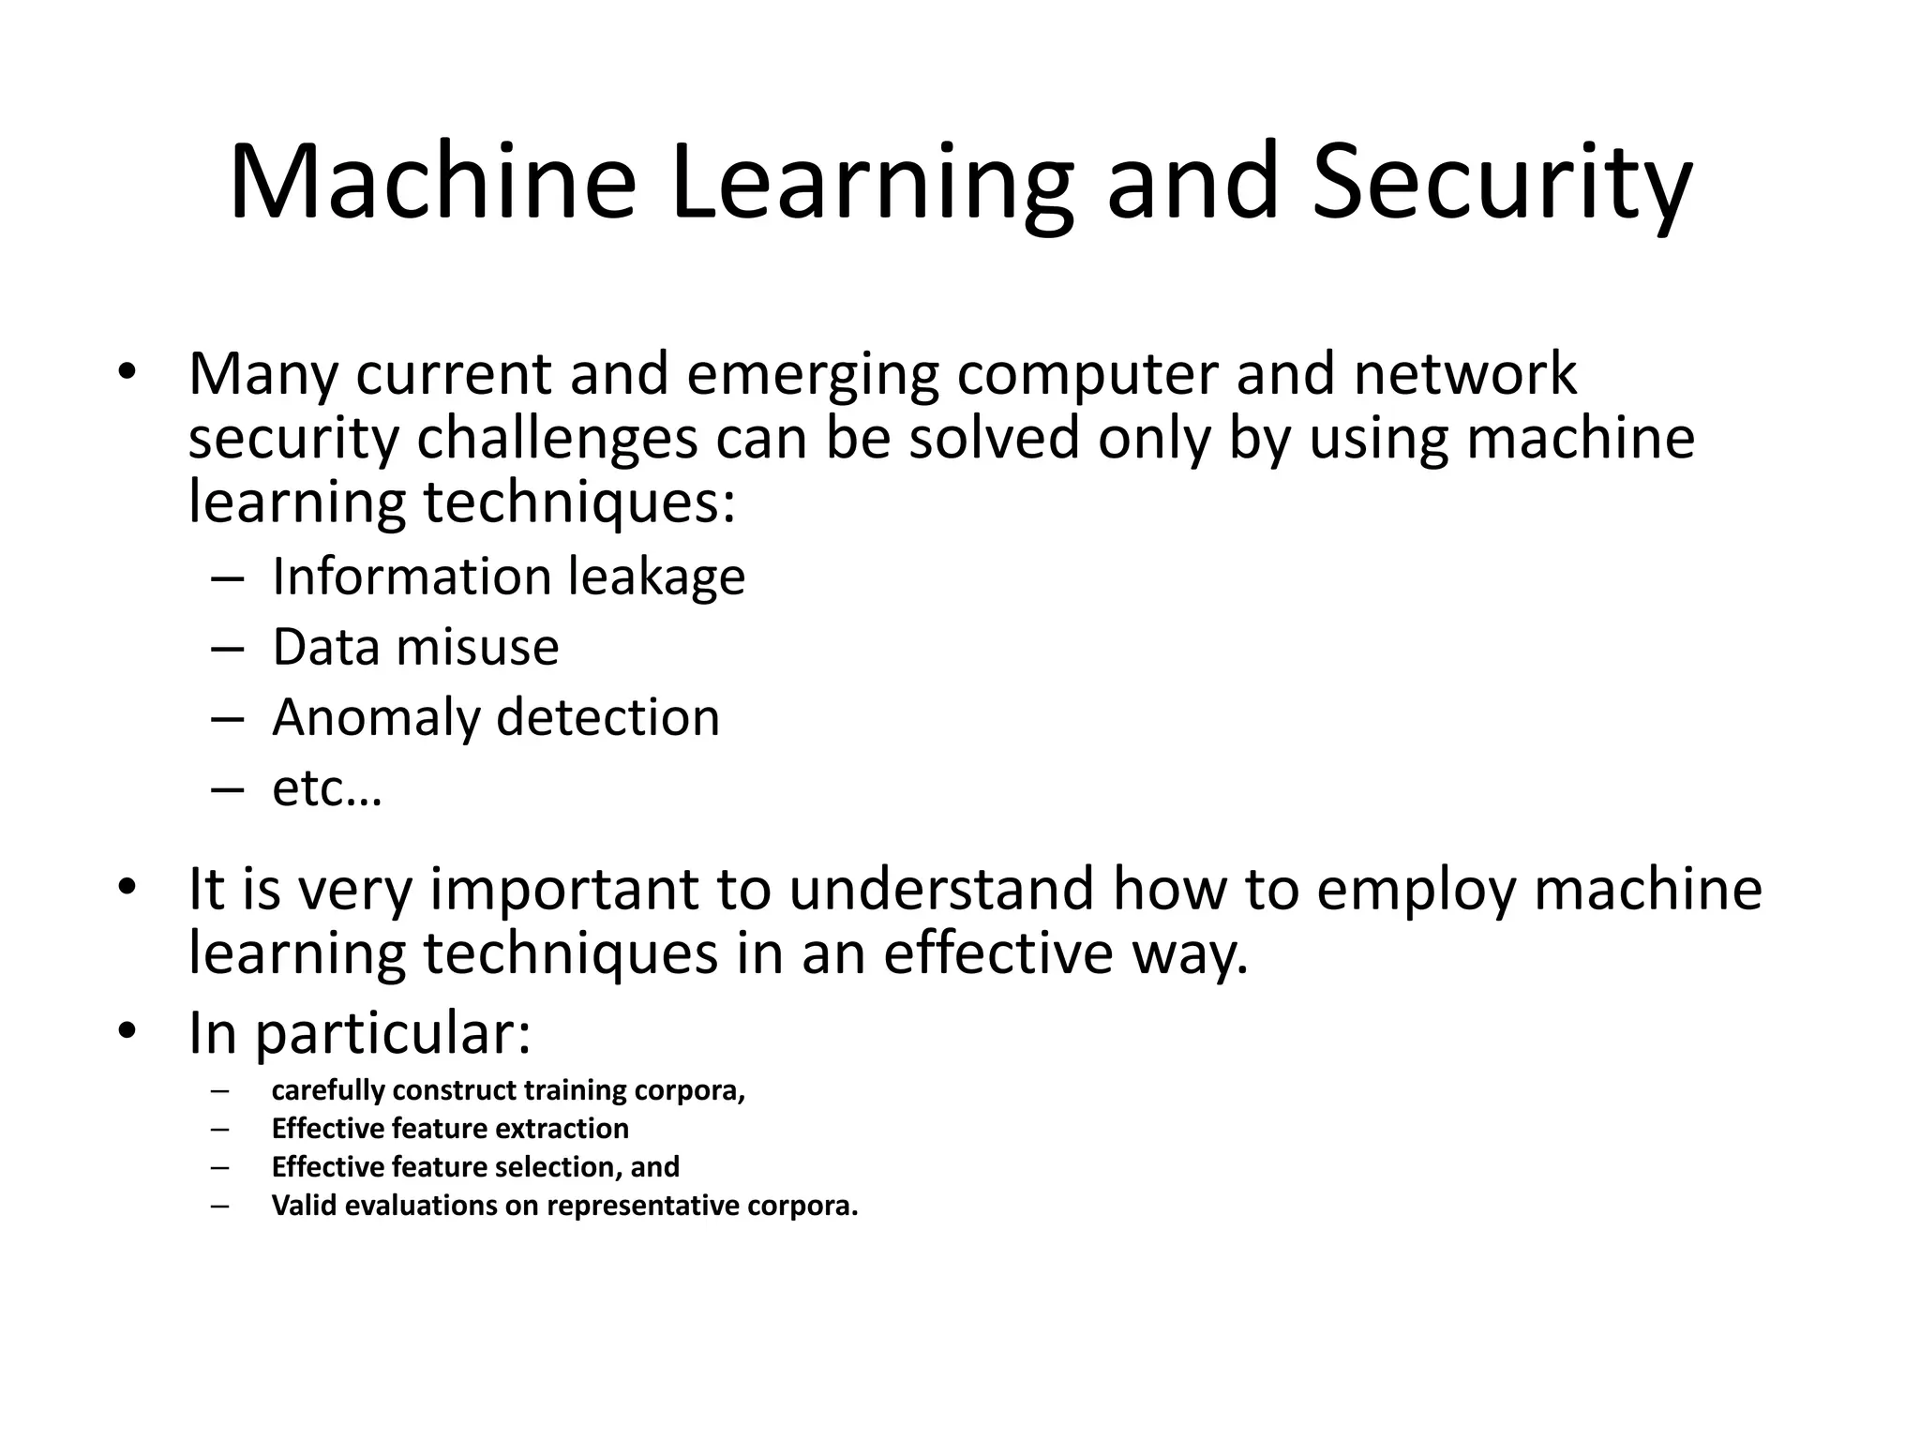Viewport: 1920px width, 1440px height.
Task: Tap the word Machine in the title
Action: point(432,183)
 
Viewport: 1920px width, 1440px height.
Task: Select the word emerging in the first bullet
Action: point(812,375)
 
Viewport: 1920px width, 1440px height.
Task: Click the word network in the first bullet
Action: point(1464,375)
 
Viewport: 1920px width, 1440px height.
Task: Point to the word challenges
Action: point(557,439)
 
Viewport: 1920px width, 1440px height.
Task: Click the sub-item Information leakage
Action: point(508,577)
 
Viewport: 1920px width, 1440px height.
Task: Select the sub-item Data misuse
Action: point(415,647)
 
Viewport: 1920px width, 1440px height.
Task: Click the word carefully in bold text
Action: point(328,1090)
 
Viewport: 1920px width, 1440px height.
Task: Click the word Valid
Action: point(305,1206)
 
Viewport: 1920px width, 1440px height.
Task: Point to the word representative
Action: point(643,1206)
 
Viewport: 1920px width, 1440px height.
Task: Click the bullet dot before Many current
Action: point(127,373)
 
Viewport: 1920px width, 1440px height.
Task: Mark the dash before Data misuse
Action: point(227,648)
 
